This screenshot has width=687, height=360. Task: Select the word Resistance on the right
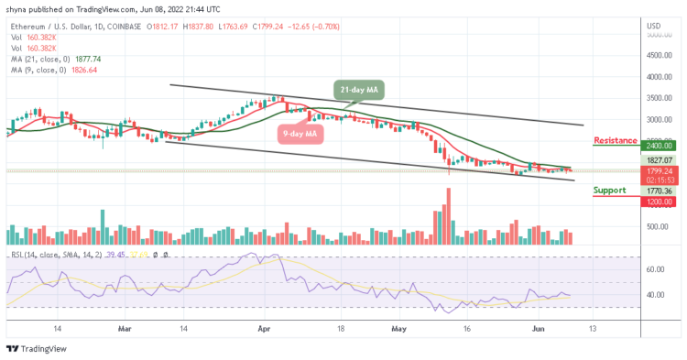pos(616,140)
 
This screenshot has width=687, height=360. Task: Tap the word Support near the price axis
pos(610,191)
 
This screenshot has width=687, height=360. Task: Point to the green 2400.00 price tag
pos(659,146)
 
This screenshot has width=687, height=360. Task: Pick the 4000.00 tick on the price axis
pos(659,78)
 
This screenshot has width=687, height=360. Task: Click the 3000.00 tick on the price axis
pos(659,120)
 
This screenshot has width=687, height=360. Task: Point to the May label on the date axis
pos(398,327)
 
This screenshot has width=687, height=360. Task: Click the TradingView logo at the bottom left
pos(37,349)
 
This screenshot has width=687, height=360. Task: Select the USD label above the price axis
pos(653,26)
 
